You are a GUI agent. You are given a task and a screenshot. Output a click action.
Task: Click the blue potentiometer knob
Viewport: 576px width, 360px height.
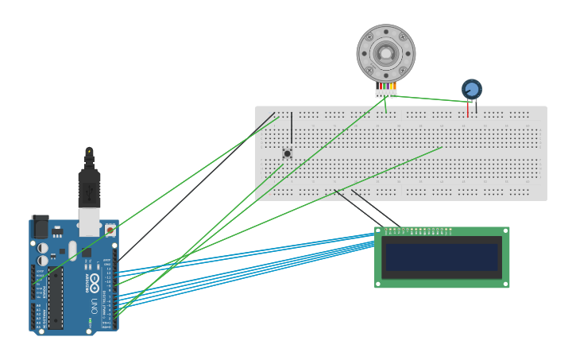pyautogui.click(x=472, y=88)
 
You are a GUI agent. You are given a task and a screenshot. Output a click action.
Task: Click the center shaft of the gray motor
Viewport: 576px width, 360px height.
pyautogui.click(x=386, y=53)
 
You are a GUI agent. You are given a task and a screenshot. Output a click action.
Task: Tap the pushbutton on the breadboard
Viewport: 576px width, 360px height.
pyautogui.click(x=288, y=153)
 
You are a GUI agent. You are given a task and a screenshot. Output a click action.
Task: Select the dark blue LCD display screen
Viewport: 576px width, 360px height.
pyautogui.click(x=442, y=257)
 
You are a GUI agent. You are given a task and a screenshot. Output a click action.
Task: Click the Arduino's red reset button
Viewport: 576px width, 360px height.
pyautogui.click(x=110, y=230)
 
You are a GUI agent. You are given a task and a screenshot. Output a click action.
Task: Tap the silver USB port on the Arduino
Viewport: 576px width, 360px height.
pyautogui.click(x=89, y=225)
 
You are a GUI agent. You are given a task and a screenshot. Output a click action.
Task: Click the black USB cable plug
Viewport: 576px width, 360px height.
pyautogui.click(x=90, y=188)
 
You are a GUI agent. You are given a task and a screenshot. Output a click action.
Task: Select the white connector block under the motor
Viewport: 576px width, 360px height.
pyautogui.click(x=386, y=94)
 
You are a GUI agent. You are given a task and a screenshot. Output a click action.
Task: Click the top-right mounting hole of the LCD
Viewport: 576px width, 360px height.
pyautogui.click(x=504, y=231)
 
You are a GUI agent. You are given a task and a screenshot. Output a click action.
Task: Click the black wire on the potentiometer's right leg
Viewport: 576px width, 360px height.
pyautogui.click(x=476, y=104)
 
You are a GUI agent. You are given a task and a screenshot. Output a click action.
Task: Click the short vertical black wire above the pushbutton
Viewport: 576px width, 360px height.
pyautogui.click(x=292, y=127)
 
